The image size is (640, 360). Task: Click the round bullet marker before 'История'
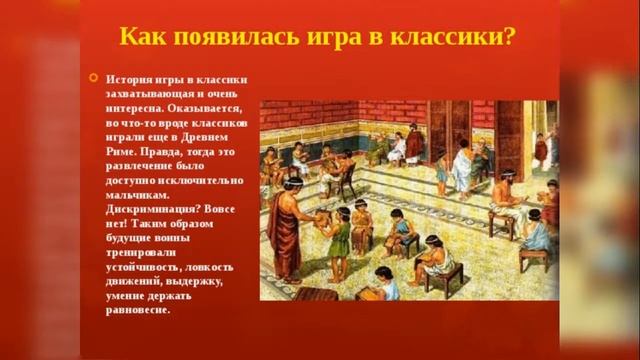pos(93,78)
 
